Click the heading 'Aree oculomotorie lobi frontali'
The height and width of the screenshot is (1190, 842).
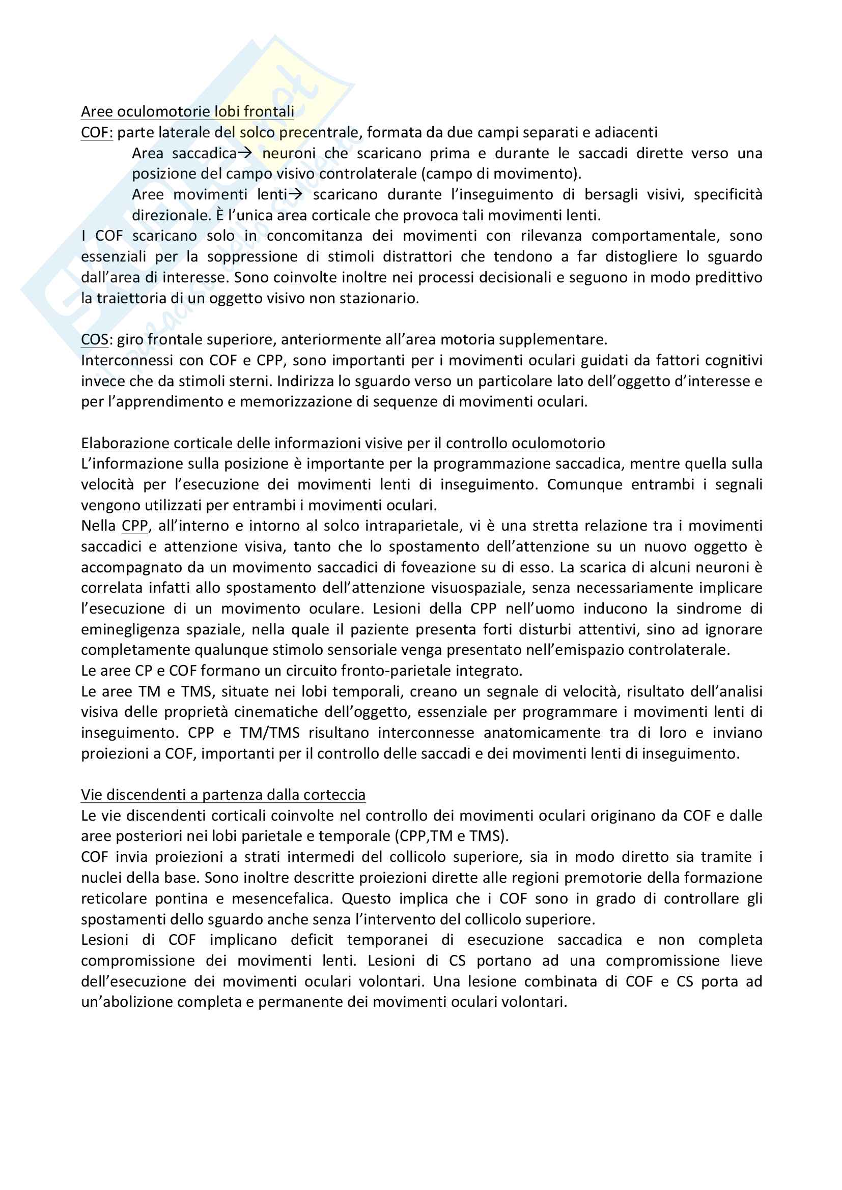click(x=187, y=111)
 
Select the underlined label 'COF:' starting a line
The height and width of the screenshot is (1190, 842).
click(x=96, y=132)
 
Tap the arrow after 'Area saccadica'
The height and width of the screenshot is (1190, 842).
click(x=244, y=153)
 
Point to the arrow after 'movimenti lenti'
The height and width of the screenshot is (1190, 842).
click(x=295, y=194)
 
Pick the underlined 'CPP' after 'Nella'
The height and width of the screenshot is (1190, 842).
click(x=135, y=526)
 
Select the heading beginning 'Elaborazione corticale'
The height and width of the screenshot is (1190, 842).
click(x=343, y=443)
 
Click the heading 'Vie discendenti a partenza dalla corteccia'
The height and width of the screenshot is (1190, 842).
click(x=223, y=795)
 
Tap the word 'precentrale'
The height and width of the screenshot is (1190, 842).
click(x=319, y=132)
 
